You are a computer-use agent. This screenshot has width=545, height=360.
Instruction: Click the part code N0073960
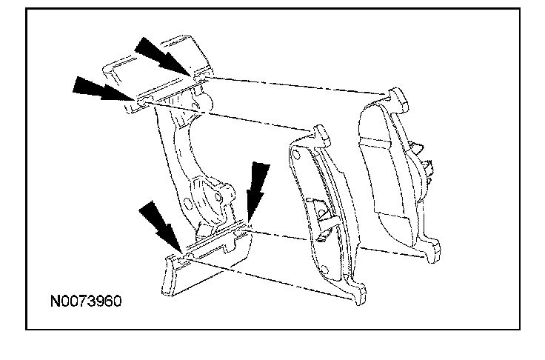pyautogui.click(x=85, y=302)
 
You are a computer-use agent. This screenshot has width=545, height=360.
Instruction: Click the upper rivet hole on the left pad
pyautogui.click(x=295, y=156)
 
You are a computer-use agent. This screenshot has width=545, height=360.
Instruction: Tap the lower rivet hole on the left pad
pyautogui.click(x=323, y=265)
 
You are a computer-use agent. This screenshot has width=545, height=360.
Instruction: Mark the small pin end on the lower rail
pyautogui.click(x=191, y=256)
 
